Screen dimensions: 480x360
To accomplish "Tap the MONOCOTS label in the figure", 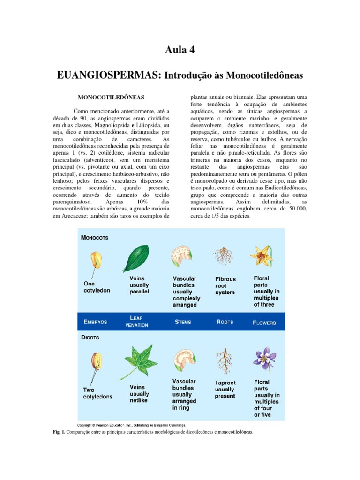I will tap(95, 238).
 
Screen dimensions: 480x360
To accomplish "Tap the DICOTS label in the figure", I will tap(90, 337).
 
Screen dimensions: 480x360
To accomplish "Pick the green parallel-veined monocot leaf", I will tap(135, 258).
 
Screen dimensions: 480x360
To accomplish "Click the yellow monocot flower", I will tap(262, 256).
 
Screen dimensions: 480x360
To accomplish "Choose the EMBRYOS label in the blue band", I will tap(95, 322).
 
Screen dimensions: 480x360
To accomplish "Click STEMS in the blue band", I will tap(183, 322).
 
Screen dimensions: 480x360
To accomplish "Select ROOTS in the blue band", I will tap(225, 322).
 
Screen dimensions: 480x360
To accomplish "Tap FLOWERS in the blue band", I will tap(264, 322).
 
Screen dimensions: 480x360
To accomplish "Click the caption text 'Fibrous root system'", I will tap(225, 285).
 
